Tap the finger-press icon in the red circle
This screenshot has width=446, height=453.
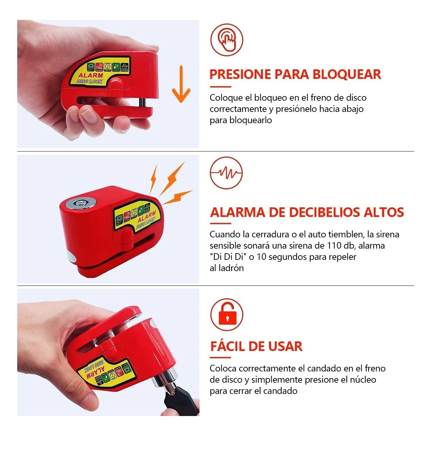pos(227,40)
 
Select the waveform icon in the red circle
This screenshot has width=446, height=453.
pos(226,173)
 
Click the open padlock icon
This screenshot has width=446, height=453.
pos(227,315)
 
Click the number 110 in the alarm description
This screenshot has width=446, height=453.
pos(334,246)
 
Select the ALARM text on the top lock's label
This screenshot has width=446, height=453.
pos(90,75)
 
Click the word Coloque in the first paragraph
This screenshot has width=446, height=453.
pos(226,98)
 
